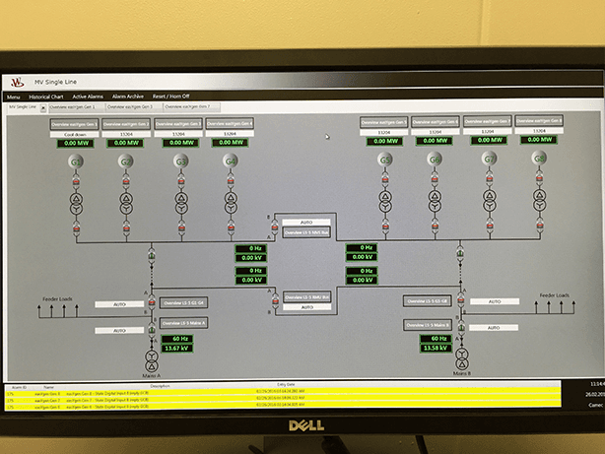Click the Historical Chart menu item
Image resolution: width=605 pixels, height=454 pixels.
pyautogui.click(x=45, y=97)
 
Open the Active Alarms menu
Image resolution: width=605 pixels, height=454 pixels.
pyautogui.click(x=88, y=97)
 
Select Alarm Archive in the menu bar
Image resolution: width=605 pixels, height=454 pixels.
pyautogui.click(x=128, y=97)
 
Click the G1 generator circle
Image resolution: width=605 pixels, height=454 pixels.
pyautogui.click(x=78, y=161)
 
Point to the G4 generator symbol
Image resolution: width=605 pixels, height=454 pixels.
pyautogui.click(x=231, y=161)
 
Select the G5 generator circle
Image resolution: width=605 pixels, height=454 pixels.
pyautogui.click(x=385, y=160)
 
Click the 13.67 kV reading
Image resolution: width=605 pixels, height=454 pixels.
pyautogui.click(x=177, y=348)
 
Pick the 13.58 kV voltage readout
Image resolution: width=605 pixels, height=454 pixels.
pyautogui.click(x=436, y=347)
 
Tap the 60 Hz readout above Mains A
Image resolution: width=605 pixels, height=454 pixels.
pyautogui.click(x=177, y=338)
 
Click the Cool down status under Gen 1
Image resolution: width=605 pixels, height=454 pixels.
pyautogui.click(x=76, y=134)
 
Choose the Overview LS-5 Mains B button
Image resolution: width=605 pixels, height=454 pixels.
pyautogui.click(x=430, y=324)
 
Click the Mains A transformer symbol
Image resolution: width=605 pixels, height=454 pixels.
pyautogui.click(x=151, y=357)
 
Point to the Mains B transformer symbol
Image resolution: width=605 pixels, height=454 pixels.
pyautogui.click(x=461, y=357)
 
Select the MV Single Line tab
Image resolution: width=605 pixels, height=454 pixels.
pyautogui.click(x=24, y=106)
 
